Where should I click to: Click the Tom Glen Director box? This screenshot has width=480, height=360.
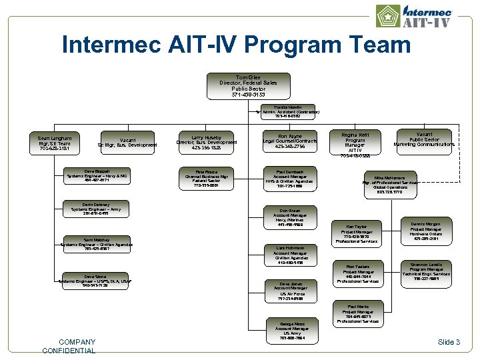tap(248, 86)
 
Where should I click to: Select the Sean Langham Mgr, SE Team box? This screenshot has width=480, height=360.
tap(54, 142)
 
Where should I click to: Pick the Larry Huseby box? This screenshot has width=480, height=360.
tap(206, 142)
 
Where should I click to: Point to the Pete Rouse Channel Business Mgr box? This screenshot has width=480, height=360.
tap(206, 179)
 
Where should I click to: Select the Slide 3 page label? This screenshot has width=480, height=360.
tap(449, 342)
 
